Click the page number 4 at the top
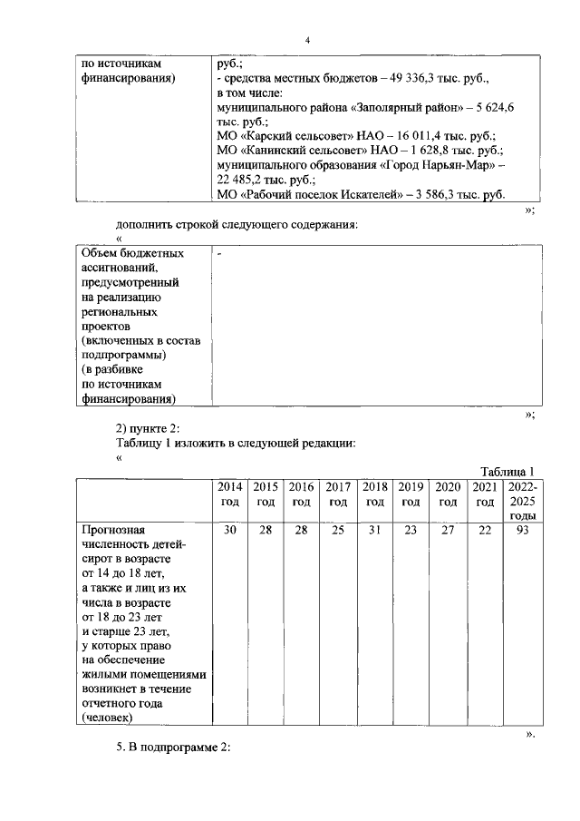point(308,41)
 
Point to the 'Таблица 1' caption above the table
point(509,471)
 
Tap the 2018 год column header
point(374,494)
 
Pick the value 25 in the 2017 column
point(337,530)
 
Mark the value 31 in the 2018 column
point(374,530)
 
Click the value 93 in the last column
point(522,530)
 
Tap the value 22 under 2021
point(485,530)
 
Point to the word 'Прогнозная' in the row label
point(113,530)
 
